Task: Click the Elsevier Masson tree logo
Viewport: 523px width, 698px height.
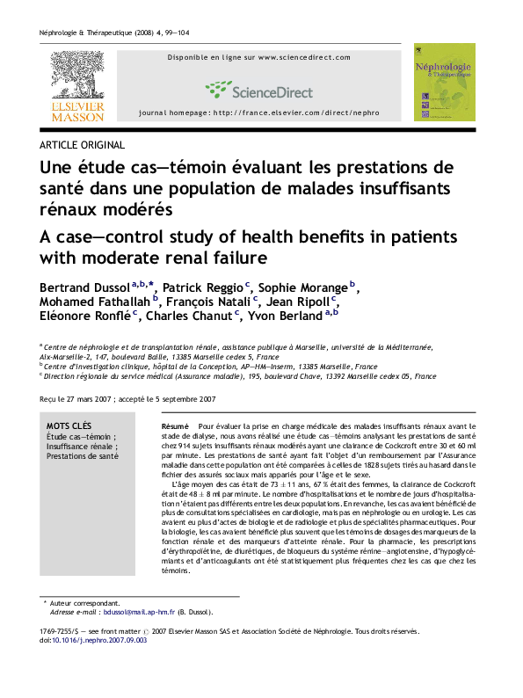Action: (77, 86)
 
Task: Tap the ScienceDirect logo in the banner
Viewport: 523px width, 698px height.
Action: (259, 91)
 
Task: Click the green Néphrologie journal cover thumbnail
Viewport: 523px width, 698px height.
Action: (444, 82)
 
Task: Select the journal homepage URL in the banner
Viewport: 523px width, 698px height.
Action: (296, 113)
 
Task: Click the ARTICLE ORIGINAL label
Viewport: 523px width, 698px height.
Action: (82, 145)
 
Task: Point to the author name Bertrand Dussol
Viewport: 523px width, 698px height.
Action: (84, 287)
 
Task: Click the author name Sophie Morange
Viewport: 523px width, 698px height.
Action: (302, 287)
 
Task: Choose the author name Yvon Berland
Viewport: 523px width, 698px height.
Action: (285, 316)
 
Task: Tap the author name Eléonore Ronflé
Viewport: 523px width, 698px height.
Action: (85, 316)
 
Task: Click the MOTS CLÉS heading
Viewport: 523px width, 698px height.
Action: (69, 426)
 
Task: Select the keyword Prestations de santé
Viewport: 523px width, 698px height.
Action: (83, 456)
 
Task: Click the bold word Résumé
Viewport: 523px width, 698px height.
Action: (175, 426)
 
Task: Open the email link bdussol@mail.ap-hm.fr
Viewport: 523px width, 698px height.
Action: (139, 612)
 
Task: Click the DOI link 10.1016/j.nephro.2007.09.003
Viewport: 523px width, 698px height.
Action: (99, 640)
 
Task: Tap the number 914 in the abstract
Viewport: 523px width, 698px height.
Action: (185, 446)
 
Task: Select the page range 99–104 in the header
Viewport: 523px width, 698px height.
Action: (177, 33)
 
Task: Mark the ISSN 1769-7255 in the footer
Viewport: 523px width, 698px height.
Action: (55, 631)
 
